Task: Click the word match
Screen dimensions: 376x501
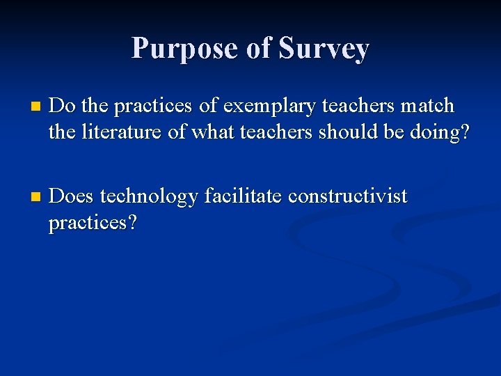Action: click(x=427, y=106)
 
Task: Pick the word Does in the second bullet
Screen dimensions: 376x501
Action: click(x=72, y=196)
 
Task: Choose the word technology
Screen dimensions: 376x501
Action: click(x=150, y=198)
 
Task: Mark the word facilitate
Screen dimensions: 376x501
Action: click(x=243, y=196)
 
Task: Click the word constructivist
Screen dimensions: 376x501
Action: click(x=347, y=196)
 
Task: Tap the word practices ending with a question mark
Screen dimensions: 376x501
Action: click(x=93, y=224)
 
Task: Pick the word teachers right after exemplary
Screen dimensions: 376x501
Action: click(x=355, y=106)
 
